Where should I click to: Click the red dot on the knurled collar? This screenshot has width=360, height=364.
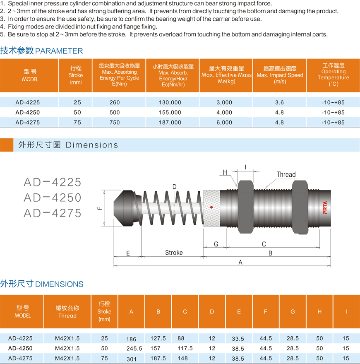point(211,207)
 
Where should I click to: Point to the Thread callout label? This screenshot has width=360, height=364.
point(286,174)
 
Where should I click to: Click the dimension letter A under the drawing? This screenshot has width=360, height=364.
point(240,262)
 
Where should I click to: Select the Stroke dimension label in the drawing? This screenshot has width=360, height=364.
point(174,253)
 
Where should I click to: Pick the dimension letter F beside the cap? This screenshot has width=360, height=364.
point(100,208)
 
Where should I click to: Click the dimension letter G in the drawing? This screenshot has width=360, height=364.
point(216,244)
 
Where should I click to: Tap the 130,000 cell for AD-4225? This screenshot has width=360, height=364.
point(170,102)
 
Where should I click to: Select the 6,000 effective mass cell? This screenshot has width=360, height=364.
point(224,122)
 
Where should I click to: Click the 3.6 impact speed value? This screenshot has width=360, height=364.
point(279,102)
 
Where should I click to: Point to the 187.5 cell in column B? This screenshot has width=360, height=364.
point(158,358)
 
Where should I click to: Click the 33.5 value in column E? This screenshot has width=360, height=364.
point(239,338)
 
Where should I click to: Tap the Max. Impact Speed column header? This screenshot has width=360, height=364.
point(280,75)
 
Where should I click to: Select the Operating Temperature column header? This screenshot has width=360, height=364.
point(333,75)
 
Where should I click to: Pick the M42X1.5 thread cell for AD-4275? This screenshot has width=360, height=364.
point(67,358)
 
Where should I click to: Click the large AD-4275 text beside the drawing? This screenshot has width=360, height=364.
point(53,213)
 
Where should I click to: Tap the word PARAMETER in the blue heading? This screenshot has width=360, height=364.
point(59,51)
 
